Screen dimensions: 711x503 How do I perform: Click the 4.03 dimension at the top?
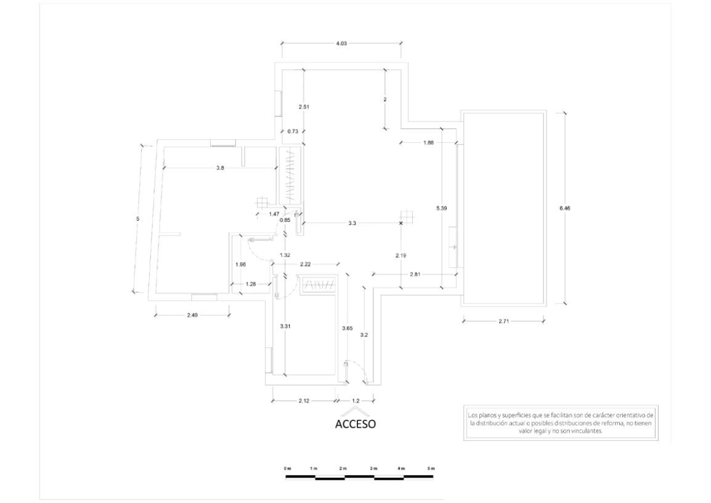click(341, 44)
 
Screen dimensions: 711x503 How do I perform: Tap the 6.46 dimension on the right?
click(565, 208)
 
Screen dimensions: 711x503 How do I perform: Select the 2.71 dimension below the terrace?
click(504, 321)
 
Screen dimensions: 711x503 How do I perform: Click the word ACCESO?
click(355, 424)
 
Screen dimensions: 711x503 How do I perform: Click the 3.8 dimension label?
click(220, 168)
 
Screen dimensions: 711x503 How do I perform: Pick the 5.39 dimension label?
click(441, 208)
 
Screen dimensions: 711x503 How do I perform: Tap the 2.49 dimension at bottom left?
click(192, 315)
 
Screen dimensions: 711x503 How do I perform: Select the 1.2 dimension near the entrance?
click(355, 401)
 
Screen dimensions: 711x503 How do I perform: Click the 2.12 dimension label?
click(304, 401)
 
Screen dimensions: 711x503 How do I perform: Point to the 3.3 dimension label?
click(352, 223)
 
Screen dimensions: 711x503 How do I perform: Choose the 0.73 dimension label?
click(293, 131)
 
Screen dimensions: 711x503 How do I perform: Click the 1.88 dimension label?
click(428, 143)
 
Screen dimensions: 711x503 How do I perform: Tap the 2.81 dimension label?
click(415, 274)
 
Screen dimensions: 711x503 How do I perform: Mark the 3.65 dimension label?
click(347, 328)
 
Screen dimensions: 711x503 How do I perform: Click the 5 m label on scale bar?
click(430, 468)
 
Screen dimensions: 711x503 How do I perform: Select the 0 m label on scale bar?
click(287, 468)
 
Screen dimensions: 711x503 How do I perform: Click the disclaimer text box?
click(561, 423)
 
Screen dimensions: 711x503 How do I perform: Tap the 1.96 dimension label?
click(241, 264)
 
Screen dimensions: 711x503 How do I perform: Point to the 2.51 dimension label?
click(304, 107)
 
